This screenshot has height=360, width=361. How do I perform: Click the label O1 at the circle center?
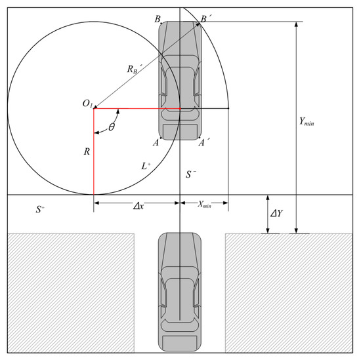tap(87, 104)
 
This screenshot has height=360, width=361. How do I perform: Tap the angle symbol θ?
tap(112, 127)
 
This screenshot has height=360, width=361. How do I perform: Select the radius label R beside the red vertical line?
tap(87, 151)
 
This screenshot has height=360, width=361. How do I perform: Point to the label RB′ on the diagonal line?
tap(134, 69)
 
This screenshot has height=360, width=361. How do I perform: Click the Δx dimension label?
tap(138, 207)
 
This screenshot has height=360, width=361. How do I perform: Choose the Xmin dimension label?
tap(204, 205)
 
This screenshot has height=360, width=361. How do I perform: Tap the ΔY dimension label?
tap(276, 214)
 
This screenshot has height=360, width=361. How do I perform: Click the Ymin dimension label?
tap(307, 122)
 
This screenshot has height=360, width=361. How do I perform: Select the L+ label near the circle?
tap(146, 166)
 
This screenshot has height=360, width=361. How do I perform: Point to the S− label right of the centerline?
tap(191, 174)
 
